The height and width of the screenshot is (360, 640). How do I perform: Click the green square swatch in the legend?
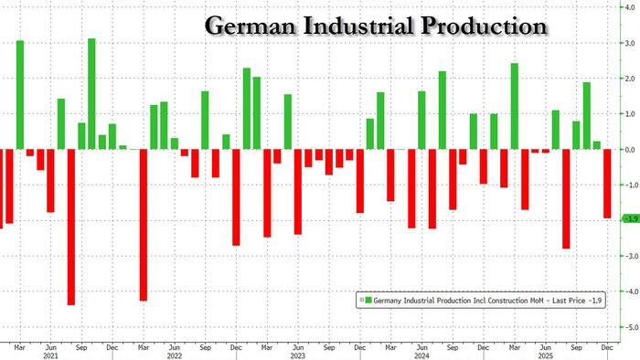point(364,299)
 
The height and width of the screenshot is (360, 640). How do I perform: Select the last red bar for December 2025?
point(607,184)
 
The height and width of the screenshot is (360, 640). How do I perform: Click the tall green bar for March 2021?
point(20,95)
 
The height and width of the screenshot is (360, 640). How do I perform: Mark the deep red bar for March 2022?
point(143,225)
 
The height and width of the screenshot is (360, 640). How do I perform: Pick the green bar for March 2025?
point(515,106)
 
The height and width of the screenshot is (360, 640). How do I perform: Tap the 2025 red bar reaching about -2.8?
point(566,199)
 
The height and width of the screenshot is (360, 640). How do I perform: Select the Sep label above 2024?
point(453,346)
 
